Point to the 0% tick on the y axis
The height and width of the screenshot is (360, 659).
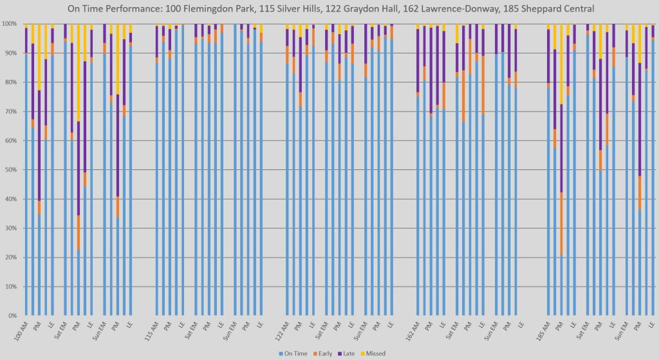tap(11, 316)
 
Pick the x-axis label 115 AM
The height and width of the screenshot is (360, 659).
tap(151, 330)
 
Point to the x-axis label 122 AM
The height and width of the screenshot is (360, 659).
tap(281, 330)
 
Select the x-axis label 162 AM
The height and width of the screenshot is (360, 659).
tap(412, 330)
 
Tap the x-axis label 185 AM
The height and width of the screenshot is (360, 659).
tap(543, 330)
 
